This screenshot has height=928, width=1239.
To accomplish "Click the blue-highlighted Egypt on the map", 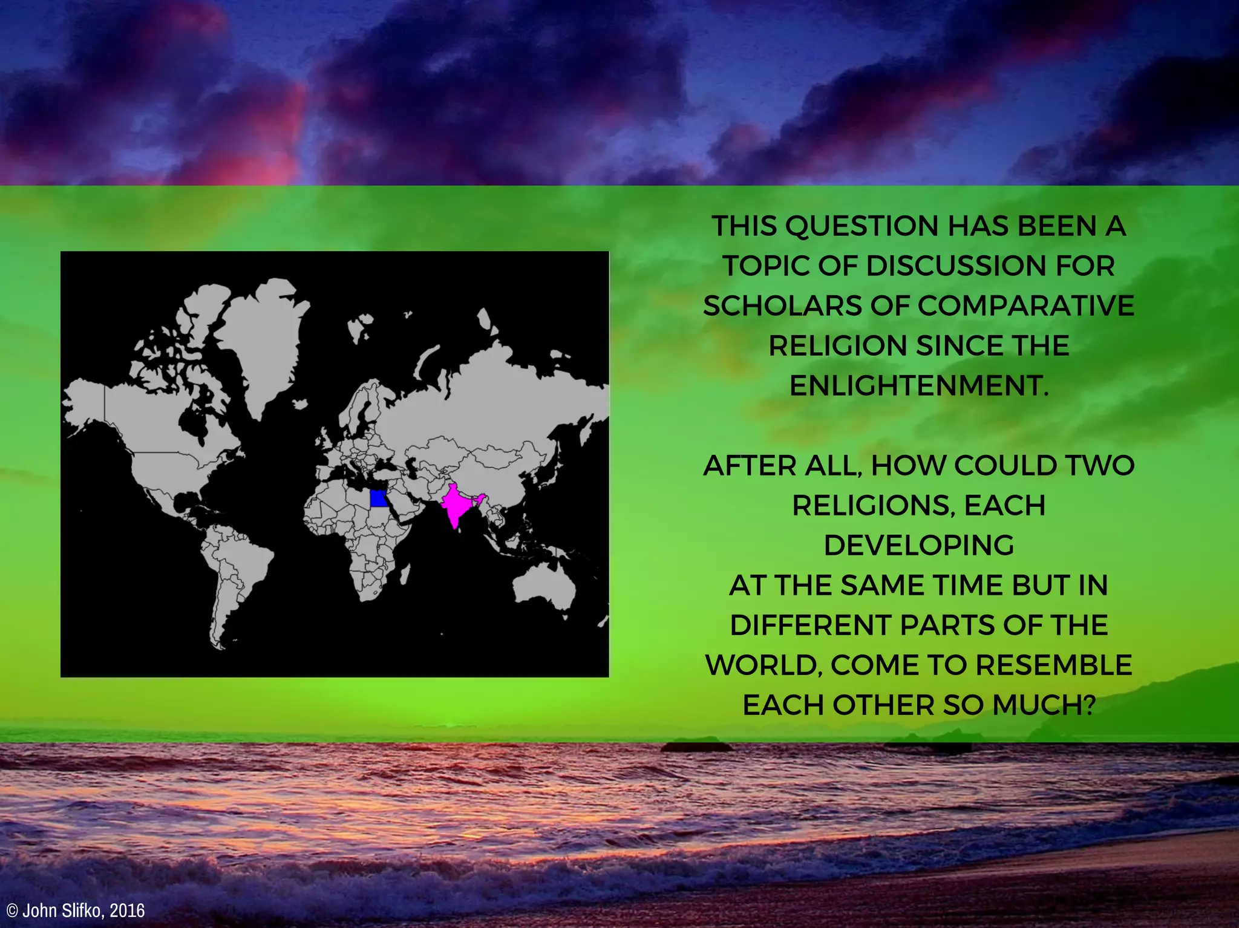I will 379,498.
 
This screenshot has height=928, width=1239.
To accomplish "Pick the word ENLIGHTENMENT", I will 918,386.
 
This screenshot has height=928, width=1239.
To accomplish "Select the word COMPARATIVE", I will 1025,306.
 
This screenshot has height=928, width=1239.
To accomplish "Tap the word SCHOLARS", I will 782,306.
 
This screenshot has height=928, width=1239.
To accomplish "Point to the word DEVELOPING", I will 918,546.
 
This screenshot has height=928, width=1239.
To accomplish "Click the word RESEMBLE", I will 1053,665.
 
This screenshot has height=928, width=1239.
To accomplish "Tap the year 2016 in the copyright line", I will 128,910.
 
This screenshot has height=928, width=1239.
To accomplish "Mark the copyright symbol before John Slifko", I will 12,911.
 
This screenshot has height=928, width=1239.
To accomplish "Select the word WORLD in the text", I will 764,665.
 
